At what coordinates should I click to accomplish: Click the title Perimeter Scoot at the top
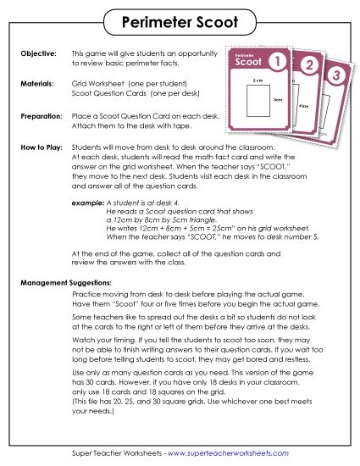179,19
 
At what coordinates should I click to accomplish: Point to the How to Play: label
41,146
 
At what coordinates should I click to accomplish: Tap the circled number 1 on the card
275,61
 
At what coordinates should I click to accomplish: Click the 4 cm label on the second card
302,105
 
